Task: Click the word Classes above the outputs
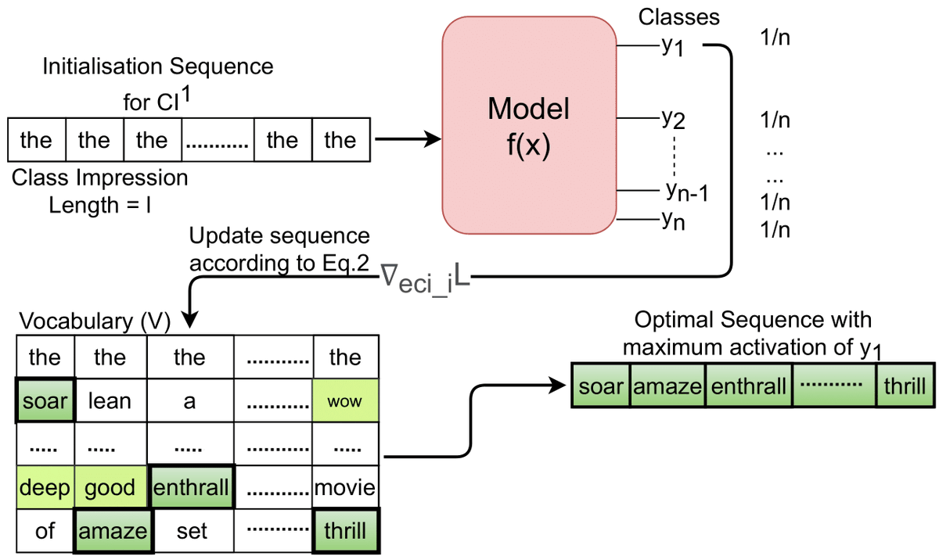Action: tap(678, 16)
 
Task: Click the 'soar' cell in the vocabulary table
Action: tap(44, 402)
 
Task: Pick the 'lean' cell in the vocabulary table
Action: tap(110, 402)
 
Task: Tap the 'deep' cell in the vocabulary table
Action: tap(44, 488)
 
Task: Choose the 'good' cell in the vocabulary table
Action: tap(110, 488)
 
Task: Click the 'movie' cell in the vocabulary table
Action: tap(345, 488)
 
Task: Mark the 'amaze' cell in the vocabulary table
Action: tap(111, 532)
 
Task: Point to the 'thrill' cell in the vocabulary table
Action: tap(345, 532)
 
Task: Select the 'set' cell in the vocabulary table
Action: tap(192, 532)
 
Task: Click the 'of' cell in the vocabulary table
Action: tap(44, 532)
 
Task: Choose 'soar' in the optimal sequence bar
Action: tap(600, 386)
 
